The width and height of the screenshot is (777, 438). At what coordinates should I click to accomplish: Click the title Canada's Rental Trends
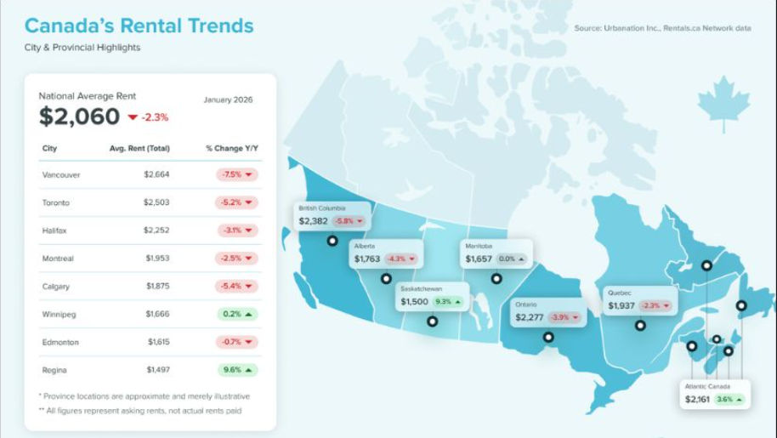coord(139,26)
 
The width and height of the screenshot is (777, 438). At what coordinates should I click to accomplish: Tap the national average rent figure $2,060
coord(79,117)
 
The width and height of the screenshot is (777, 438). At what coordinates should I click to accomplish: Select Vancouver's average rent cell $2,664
coord(156,174)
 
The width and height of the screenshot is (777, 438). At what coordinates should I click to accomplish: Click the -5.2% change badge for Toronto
coord(235,202)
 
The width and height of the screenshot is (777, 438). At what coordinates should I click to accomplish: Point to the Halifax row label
coord(55,230)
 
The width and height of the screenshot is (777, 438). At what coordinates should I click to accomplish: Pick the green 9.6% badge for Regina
coord(235,370)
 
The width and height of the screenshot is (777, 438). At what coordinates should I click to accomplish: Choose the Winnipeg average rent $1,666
coord(157,314)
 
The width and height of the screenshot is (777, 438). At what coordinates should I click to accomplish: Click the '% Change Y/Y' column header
coord(232,149)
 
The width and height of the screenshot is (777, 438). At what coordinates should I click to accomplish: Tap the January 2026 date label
coord(228,100)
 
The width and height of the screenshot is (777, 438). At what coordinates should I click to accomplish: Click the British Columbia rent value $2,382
coord(313,221)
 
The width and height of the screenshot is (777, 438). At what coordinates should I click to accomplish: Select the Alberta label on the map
coord(365,246)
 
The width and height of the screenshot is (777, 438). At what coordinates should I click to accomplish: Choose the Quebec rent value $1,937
coord(621,305)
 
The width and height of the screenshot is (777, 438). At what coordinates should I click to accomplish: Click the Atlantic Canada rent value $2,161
coord(698,398)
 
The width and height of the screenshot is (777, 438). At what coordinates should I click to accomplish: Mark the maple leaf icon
coord(723,103)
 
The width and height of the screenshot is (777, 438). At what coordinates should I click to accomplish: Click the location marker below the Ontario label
coord(548,337)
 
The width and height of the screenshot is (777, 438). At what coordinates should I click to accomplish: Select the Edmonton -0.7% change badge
coord(235,342)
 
